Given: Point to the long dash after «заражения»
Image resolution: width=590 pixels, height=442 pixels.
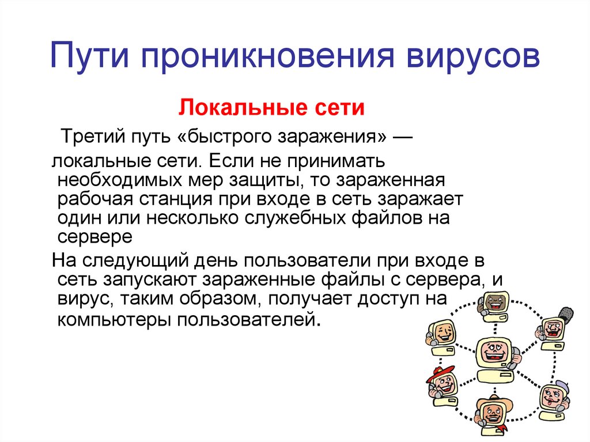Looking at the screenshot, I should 400,138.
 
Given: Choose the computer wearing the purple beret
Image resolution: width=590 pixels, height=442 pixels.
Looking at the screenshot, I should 554,397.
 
